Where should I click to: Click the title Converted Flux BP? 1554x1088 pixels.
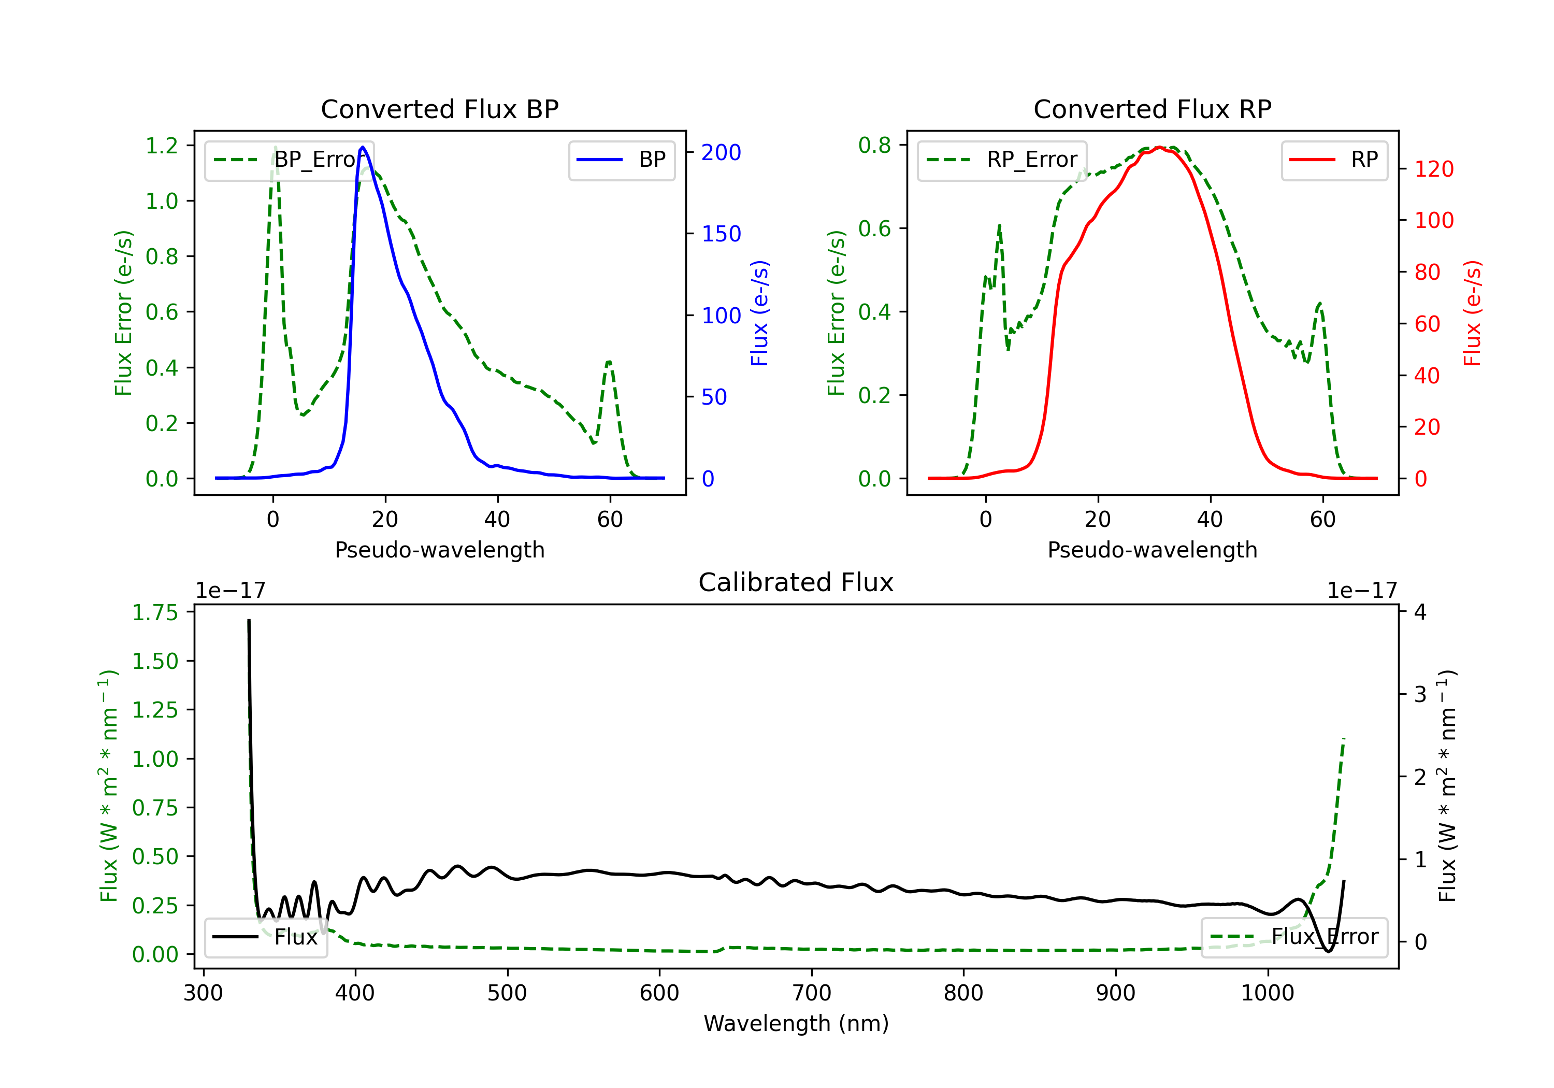[x=439, y=109]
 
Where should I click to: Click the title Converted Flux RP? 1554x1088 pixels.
[x=1152, y=109]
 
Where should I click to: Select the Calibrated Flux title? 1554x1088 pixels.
[x=796, y=582]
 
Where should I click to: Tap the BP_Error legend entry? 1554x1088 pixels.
[x=289, y=160]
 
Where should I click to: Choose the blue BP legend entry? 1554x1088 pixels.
[x=621, y=160]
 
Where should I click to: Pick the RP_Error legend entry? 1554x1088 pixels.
[x=1002, y=160]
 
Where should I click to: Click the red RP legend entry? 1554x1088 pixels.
[x=1334, y=160]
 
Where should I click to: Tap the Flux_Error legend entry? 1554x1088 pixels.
[x=1294, y=937]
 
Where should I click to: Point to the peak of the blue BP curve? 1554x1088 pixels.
[x=363, y=147]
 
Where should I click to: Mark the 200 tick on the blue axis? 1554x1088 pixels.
[x=721, y=152]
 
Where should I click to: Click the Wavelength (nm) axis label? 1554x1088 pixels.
[x=796, y=1023]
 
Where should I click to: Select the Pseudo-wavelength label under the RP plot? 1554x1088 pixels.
[x=1152, y=550]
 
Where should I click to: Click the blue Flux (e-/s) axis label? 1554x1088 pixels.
[x=760, y=313]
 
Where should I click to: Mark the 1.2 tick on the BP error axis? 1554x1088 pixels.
[x=162, y=146]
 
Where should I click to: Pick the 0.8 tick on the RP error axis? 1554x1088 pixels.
[x=874, y=145]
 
